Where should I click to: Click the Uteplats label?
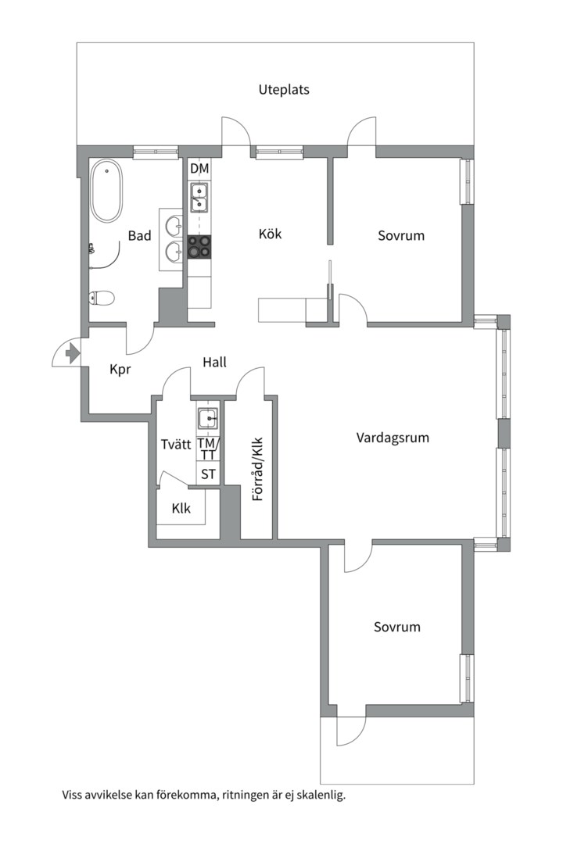coord(284,90)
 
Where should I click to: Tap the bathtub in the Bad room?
coord(106,191)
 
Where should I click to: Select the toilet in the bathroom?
coord(102,297)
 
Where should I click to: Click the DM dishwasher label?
coord(199,169)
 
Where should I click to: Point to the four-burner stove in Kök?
coord(199,247)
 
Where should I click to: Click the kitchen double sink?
coord(199,197)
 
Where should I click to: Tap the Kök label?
coord(270,234)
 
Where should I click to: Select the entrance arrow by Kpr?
coord(73,353)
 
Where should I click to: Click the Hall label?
coord(214,362)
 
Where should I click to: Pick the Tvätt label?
coord(176,444)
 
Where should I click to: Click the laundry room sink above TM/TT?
coord(208,419)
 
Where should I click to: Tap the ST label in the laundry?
coord(208,474)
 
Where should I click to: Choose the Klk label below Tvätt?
coord(181,508)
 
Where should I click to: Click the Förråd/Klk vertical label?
coord(257,468)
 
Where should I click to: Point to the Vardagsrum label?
coord(393,438)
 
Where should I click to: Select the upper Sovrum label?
coord(400,235)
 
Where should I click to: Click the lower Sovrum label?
coord(396,627)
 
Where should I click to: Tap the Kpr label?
coord(120,370)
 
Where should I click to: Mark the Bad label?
coord(139,235)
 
